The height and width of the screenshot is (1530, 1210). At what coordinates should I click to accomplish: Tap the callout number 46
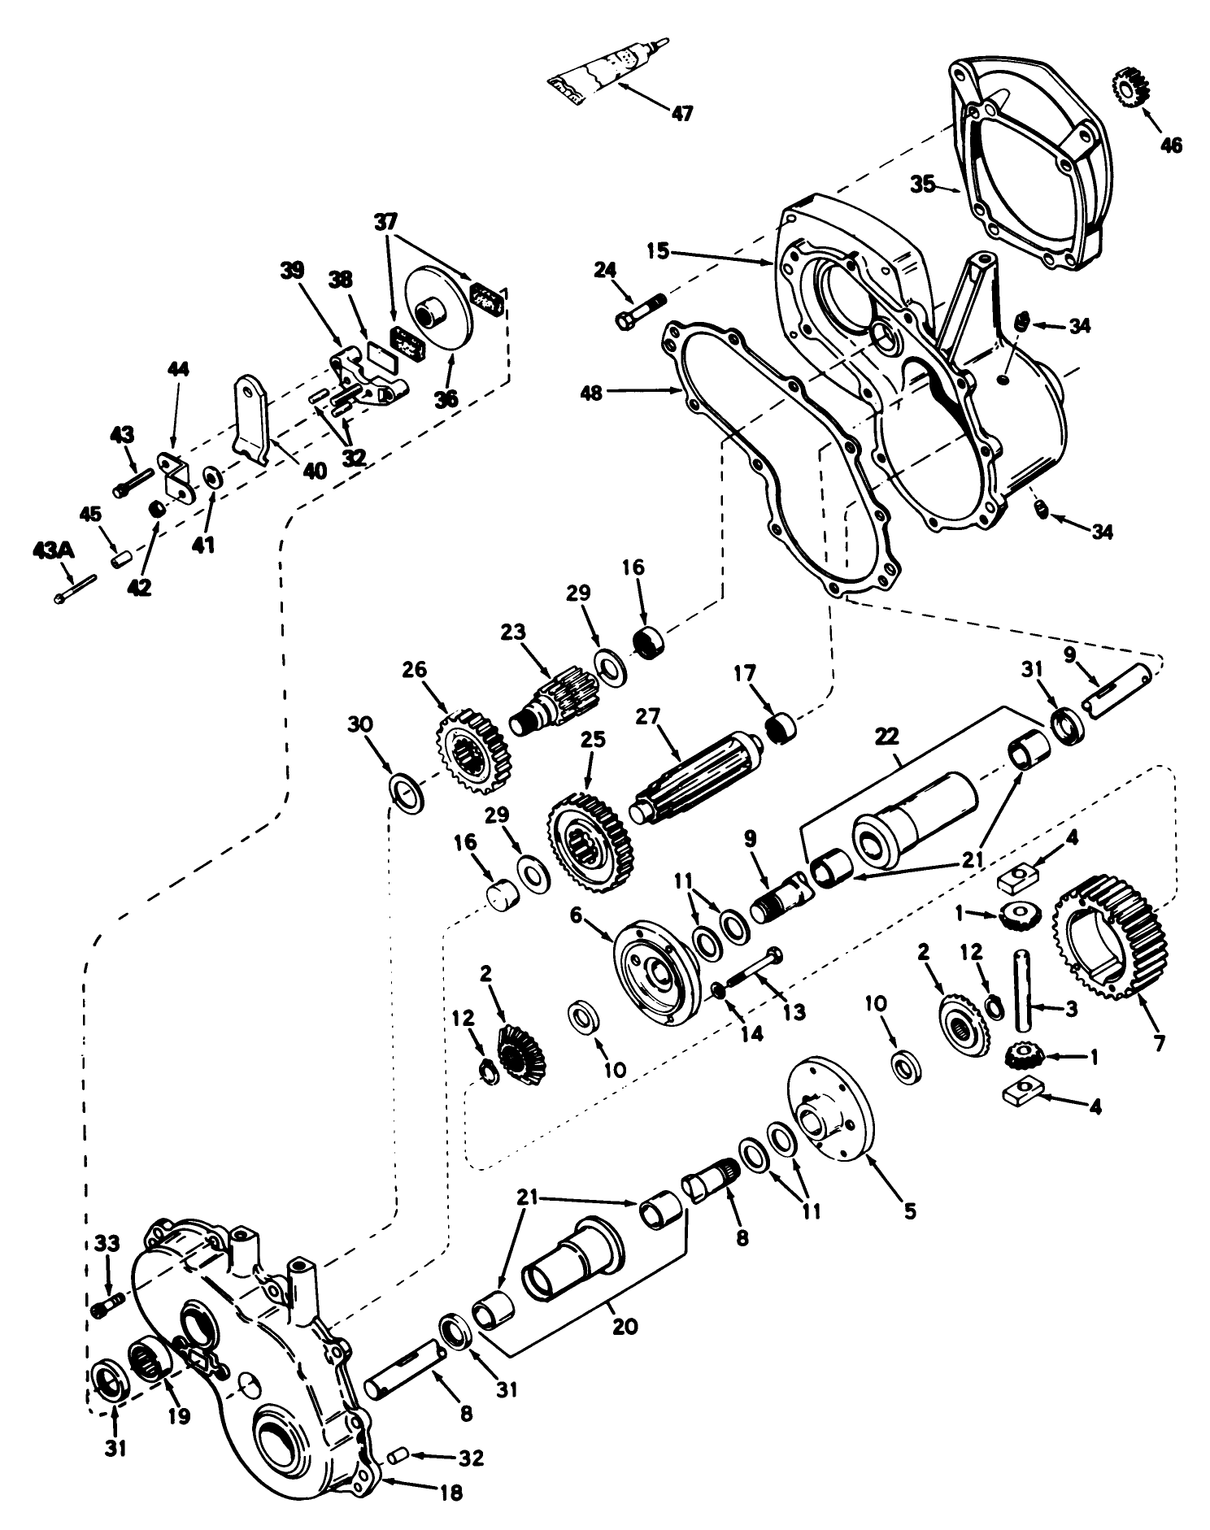[x=1172, y=145]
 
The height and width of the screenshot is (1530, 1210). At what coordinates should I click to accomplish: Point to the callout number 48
[x=615, y=393]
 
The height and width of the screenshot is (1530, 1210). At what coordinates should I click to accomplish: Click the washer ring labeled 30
[x=407, y=792]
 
